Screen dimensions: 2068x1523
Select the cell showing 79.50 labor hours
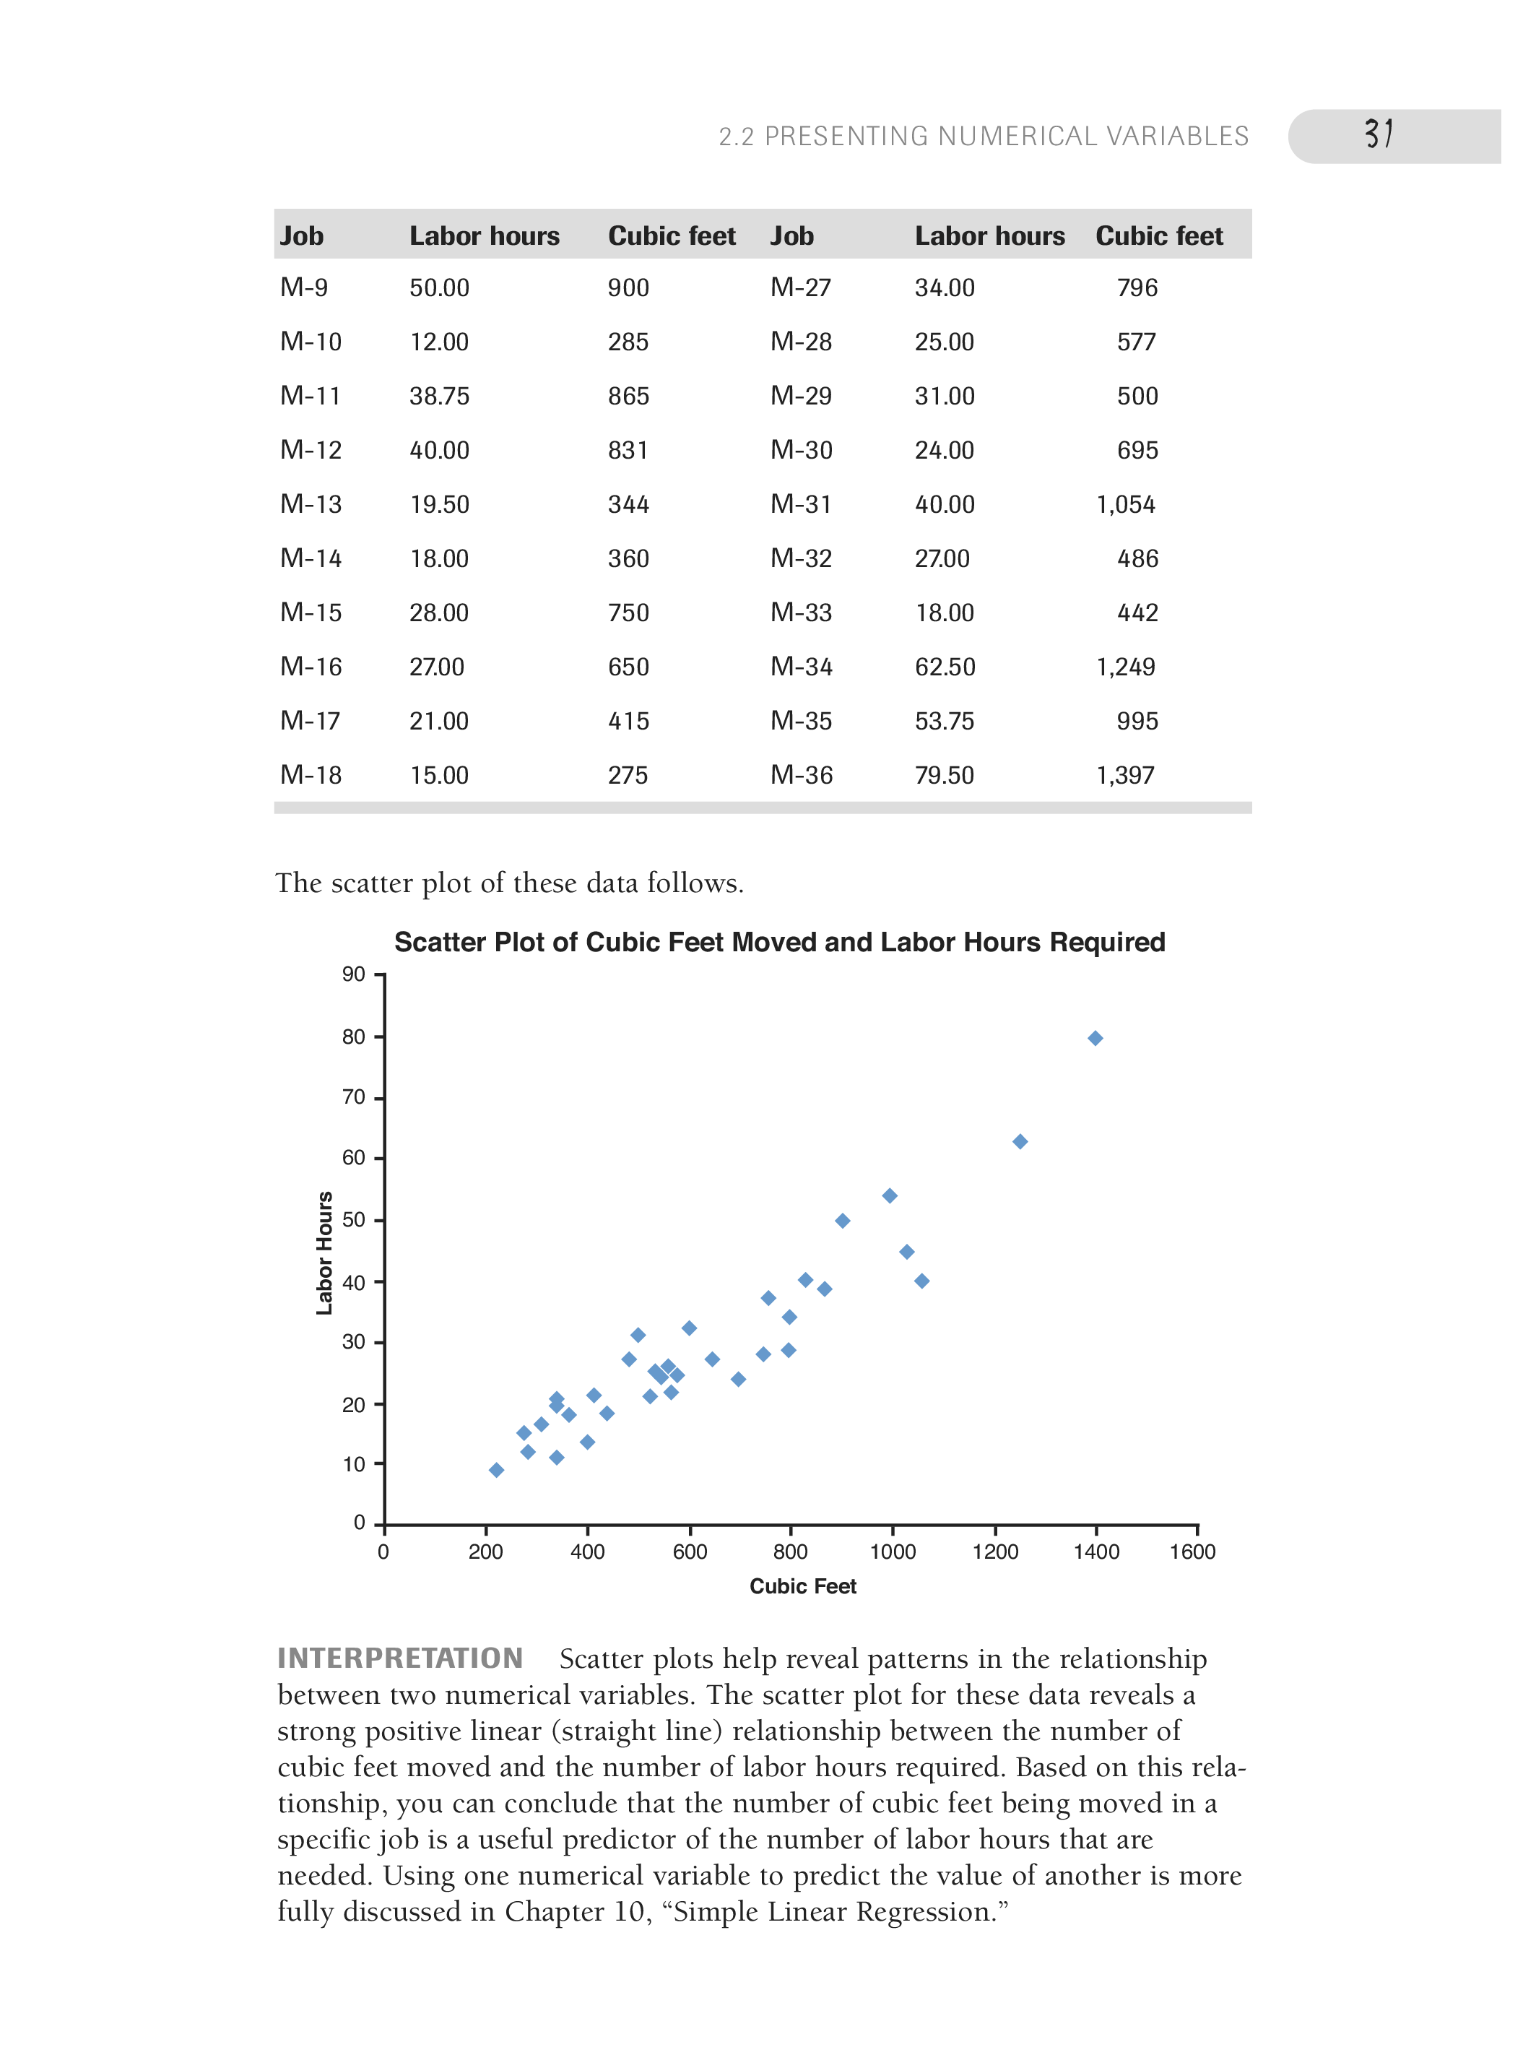click(x=944, y=775)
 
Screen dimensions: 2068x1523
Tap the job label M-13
click(x=311, y=504)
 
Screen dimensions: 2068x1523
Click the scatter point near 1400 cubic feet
click(x=1095, y=1038)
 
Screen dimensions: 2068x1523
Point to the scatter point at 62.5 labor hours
click(x=1020, y=1141)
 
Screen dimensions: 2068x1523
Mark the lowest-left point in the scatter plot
click(x=496, y=1470)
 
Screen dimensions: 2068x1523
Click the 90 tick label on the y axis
click(x=353, y=974)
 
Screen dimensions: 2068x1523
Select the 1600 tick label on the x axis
click(x=1192, y=1552)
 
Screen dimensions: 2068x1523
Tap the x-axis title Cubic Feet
click(x=802, y=1585)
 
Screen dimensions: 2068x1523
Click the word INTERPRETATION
click(x=400, y=1658)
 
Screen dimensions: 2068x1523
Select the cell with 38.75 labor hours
click(x=439, y=397)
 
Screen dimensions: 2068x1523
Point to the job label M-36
click(x=801, y=775)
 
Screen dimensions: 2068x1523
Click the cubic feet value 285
click(x=628, y=342)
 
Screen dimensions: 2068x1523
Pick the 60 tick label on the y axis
click(x=353, y=1158)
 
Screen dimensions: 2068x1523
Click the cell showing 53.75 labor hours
click(x=944, y=721)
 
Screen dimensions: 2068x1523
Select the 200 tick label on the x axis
click(x=485, y=1552)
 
